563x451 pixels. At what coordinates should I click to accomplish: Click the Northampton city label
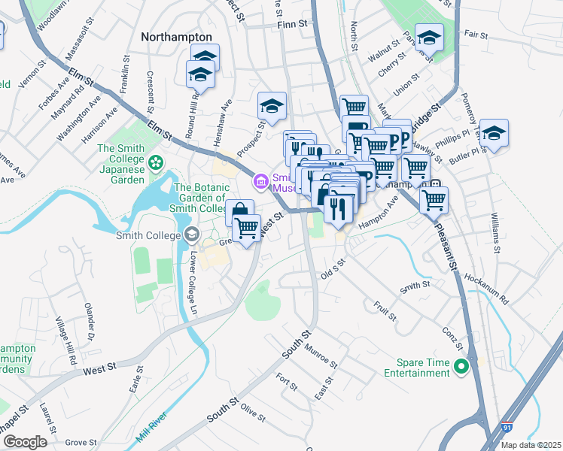coord(176,36)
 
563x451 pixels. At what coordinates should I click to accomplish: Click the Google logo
coord(24,442)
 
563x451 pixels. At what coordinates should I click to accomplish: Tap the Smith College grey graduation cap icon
coord(192,235)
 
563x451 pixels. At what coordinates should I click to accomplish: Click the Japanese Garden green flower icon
coord(156,162)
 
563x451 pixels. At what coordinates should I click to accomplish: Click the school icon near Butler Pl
coord(493,133)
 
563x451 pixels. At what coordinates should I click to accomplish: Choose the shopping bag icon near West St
coord(239,212)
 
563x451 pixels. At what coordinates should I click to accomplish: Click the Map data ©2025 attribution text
coord(531,445)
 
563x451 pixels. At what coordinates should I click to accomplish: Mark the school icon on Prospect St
coord(272,106)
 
